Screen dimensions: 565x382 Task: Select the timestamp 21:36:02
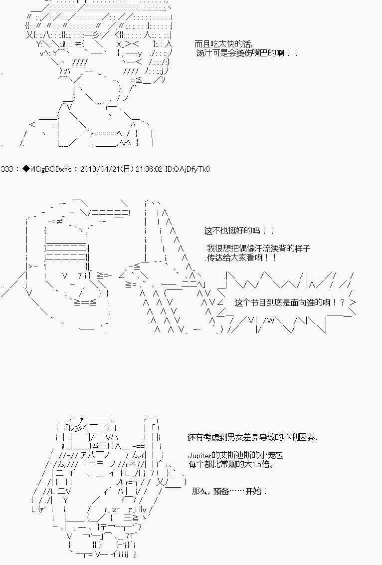coord(149,169)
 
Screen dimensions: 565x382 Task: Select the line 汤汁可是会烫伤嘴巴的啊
coord(245,52)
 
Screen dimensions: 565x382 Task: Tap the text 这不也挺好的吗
coord(238,231)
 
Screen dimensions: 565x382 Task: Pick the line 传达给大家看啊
coord(240,258)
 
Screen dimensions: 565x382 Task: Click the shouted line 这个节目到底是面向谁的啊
coord(289,302)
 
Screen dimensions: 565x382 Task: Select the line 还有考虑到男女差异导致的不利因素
coord(252,437)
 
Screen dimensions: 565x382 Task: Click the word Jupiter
coord(200,456)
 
